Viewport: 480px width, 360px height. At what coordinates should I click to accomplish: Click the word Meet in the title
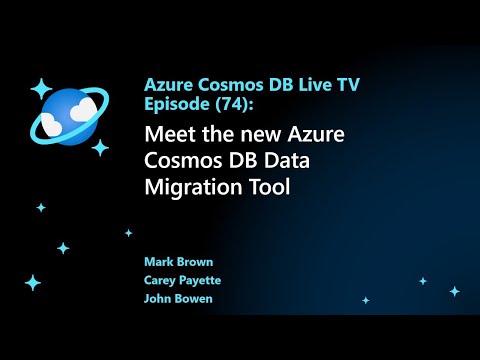click(170, 134)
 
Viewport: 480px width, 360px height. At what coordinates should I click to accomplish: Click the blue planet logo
click(66, 118)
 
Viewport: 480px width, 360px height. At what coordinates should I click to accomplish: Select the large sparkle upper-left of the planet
click(41, 89)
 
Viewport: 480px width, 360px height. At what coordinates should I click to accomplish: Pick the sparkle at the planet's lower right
click(100, 147)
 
